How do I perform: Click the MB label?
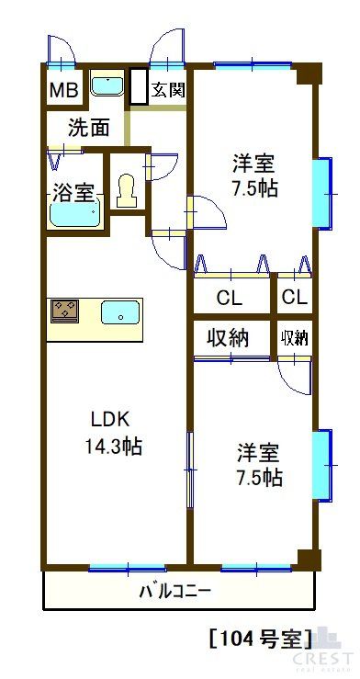(x=63, y=90)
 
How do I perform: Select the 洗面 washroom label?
(x=90, y=127)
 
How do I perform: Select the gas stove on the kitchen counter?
(x=64, y=311)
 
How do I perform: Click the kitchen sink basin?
(x=120, y=312)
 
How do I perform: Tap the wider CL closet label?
(x=231, y=298)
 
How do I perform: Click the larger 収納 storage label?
(x=228, y=337)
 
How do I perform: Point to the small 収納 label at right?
(x=294, y=337)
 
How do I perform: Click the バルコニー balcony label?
(x=174, y=590)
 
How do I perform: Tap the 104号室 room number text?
(x=261, y=636)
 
